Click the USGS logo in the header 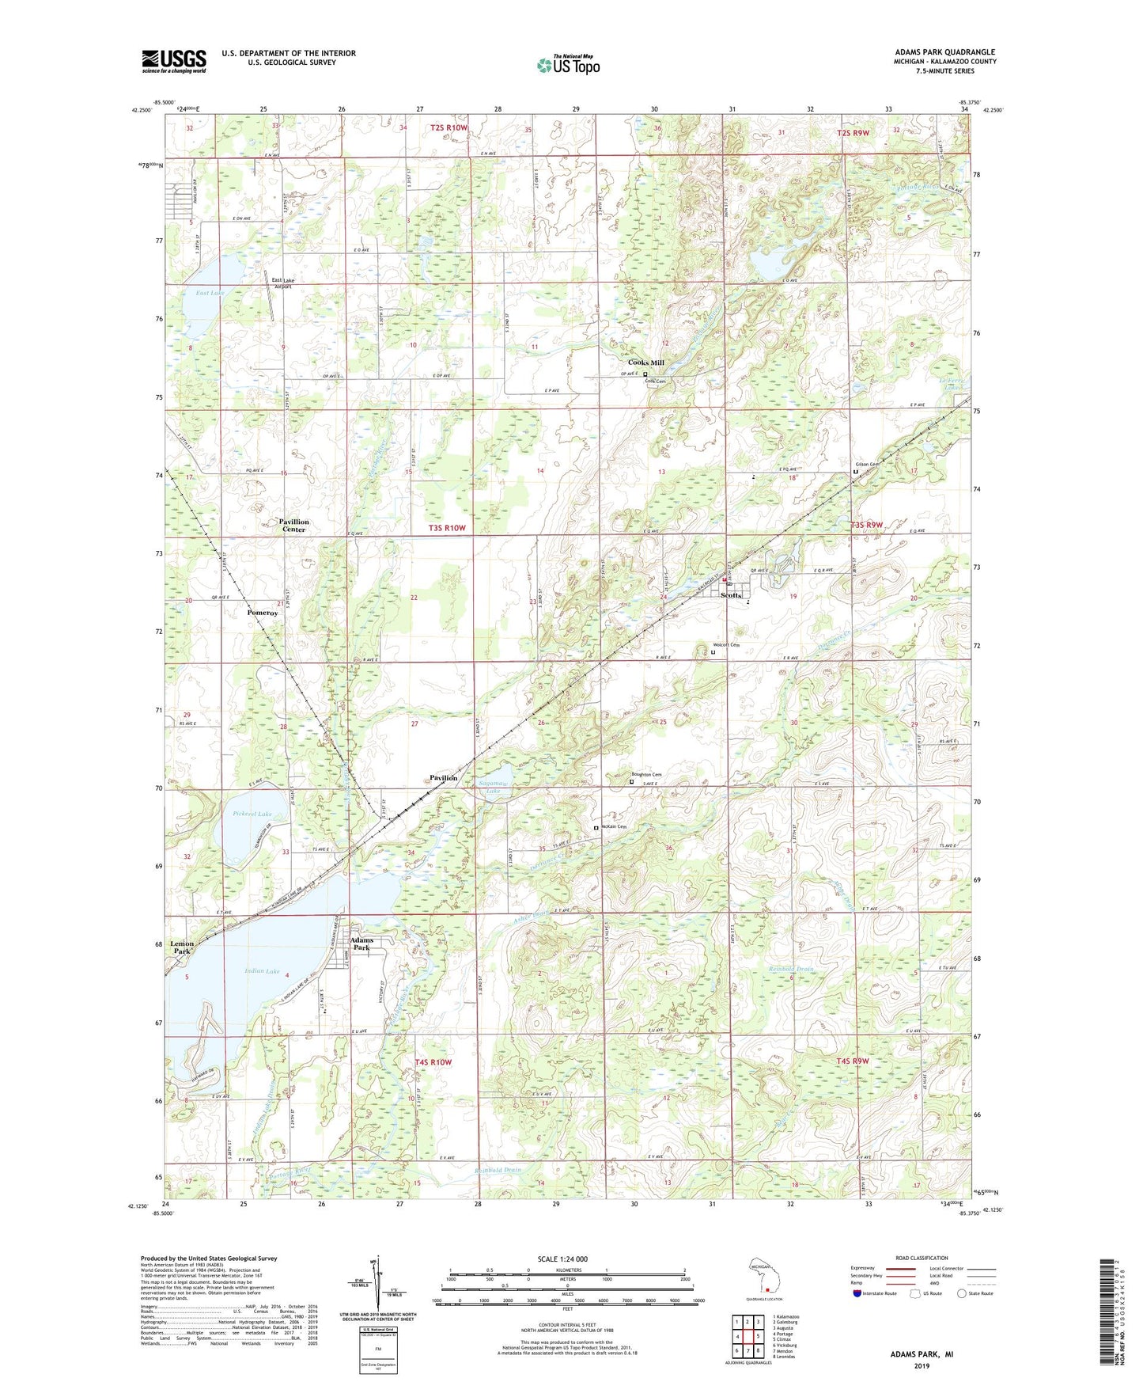(174, 61)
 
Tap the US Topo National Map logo (568, 64)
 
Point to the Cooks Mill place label (645, 363)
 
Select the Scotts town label (731, 595)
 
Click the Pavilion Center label (293, 526)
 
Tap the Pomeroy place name (262, 613)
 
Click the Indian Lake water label (261, 971)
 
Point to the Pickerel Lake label (252, 814)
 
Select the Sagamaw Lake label (494, 787)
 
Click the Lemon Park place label (182, 947)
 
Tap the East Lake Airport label (282, 283)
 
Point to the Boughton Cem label (645, 774)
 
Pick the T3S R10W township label (447, 528)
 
